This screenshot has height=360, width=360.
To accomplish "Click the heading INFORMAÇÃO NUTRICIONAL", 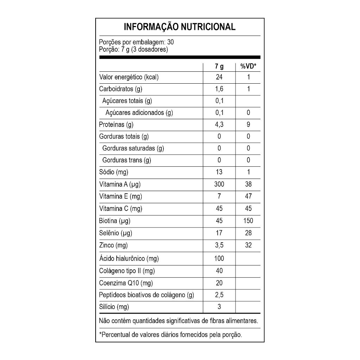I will [x=180, y=27].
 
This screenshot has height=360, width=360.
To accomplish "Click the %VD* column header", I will [x=248, y=66].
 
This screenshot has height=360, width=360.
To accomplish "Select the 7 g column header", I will [x=219, y=66].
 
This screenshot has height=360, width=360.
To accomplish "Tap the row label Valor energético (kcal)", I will [x=129, y=77].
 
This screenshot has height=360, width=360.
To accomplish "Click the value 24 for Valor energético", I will [x=219, y=77].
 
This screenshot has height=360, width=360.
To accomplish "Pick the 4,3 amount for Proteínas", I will [x=219, y=124].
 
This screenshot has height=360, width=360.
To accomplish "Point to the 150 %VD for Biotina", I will [x=248, y=221].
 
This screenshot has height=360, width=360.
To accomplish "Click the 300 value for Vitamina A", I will [x=219, y=184].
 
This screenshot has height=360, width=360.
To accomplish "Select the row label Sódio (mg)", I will [x=114, y=172].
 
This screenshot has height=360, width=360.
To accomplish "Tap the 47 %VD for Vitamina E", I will [x=248, y=196].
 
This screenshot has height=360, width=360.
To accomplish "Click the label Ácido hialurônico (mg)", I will [x=129, y=259].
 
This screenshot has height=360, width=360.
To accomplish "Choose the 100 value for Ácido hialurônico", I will [x=219, y=259].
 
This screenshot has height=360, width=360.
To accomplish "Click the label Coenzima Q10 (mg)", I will [x=126, y=283].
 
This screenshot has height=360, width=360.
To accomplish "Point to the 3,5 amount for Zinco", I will [x=219, y=245].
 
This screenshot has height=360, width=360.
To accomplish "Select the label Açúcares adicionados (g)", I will [x=139, y=113].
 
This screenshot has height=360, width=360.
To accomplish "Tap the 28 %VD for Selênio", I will [x=248, y=233].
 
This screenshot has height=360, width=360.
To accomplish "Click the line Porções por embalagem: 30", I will [x=137, y=42].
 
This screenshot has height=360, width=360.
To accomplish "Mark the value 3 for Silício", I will [x=219, y=307].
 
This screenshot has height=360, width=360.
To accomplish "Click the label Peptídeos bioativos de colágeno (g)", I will [x=147, y=295].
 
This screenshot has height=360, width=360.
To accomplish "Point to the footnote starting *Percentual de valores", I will [x=171, y=335].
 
